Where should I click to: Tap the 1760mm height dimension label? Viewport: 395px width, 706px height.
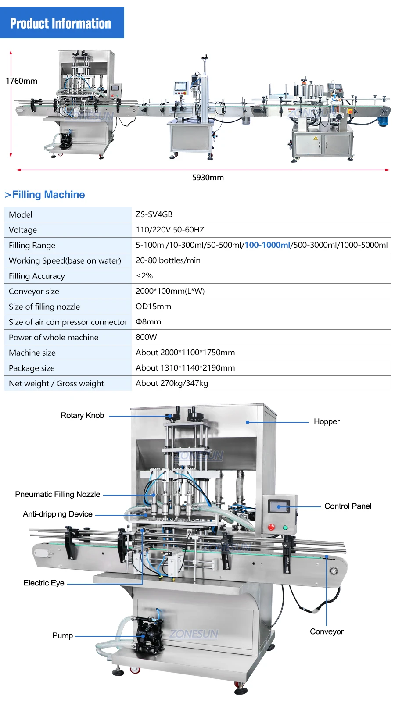click(22, 81)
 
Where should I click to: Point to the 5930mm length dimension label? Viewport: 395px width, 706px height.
click(208, 178)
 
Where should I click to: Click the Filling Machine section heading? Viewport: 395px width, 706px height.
click(48, 195)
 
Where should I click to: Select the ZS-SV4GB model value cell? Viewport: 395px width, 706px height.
click(154, 214)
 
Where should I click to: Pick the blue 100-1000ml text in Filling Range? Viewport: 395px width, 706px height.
click(267, 245)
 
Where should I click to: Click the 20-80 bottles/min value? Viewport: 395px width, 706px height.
click(168, 260)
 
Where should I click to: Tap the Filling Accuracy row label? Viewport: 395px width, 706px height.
click(37, 276)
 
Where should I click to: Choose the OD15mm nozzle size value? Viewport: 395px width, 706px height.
click(153, 307)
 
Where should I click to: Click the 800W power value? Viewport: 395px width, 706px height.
click(146, 337)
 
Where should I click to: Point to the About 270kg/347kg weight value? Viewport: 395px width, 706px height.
click(172, 383)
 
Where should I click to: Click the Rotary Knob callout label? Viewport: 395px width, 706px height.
click(82, 415)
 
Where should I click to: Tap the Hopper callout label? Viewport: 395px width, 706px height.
click(327, 421)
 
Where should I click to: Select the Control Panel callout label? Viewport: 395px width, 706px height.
click(348, 506)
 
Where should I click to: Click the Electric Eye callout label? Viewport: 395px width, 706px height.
click(44, 583)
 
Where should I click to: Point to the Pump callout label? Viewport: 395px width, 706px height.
click(62, 635)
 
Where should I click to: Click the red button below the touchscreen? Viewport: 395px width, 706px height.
click(271, 527)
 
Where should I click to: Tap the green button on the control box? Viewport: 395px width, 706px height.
click(285, 528)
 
